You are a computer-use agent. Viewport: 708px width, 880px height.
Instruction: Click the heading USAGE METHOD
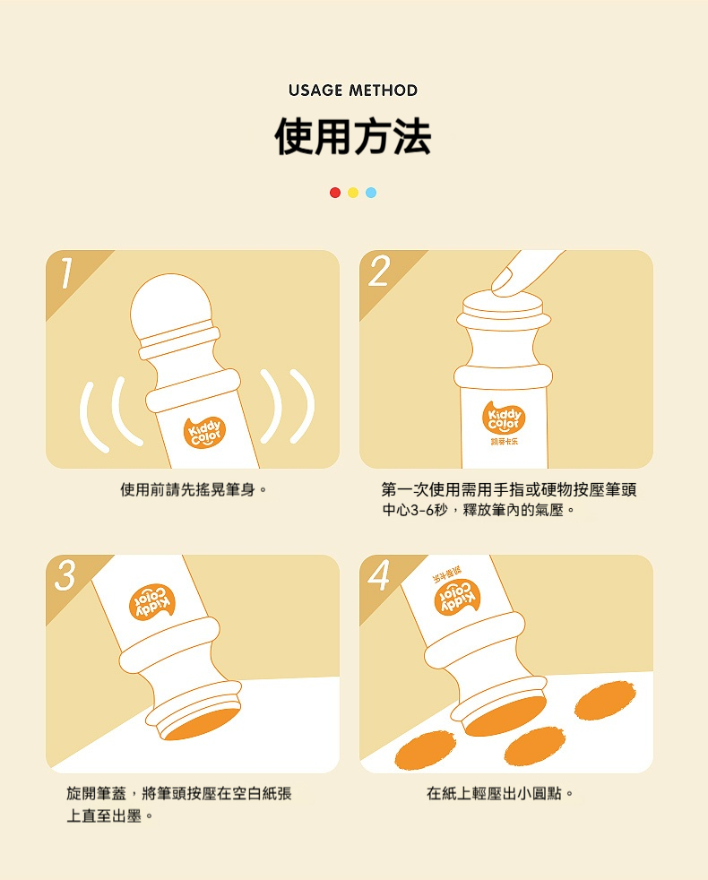click(353, 91)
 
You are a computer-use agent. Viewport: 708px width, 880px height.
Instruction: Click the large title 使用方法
click(353, 136)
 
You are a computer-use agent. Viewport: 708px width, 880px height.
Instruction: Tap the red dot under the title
click(335, 193)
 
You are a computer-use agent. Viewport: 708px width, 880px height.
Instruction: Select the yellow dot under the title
click(353, 193)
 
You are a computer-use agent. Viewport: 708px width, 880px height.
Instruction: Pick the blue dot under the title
click(371, 193)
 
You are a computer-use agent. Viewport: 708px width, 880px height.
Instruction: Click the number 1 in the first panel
click(66, 273)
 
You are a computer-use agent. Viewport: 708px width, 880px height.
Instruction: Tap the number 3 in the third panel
click(65, 576)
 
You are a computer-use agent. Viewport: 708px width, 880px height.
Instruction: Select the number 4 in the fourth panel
click(378, 576)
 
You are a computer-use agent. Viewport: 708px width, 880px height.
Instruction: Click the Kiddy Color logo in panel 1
click(205, 432)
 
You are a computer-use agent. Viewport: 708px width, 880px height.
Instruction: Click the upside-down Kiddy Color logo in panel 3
click(152, 601)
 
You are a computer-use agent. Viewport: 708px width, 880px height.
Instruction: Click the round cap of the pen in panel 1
click(171, 304)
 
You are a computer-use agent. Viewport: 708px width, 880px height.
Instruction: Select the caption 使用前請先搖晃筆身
click(194, 489)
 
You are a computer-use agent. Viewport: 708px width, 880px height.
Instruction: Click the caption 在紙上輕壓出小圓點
click(500, 794)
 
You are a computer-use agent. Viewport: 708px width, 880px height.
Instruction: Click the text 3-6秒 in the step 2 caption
click(429, 510)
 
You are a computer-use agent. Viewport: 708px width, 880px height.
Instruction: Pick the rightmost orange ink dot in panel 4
click(605, 701)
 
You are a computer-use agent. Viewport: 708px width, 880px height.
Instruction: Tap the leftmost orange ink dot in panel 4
click(426, 750)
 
